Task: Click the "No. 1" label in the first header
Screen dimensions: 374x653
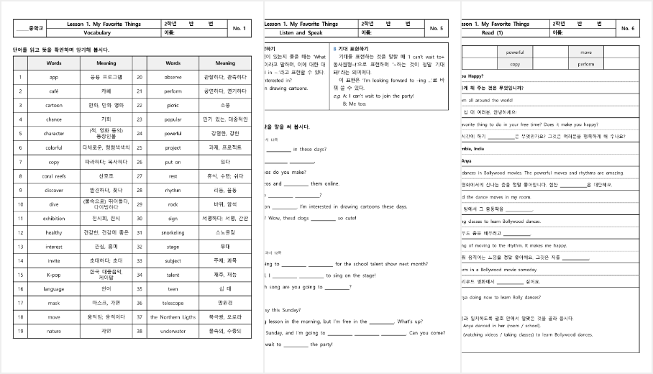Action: coord(239,28)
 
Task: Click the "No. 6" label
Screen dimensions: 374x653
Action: coord(627,28)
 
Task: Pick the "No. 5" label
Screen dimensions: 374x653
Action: coord(436,28)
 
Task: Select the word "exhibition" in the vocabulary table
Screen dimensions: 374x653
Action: coord(54,218)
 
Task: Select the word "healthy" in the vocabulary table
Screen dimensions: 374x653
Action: coord(54,232)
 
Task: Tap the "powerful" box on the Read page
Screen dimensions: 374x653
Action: coord(515,53)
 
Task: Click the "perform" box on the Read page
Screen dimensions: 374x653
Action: coord(586,64)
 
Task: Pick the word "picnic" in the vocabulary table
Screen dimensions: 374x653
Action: coord(173,105)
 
